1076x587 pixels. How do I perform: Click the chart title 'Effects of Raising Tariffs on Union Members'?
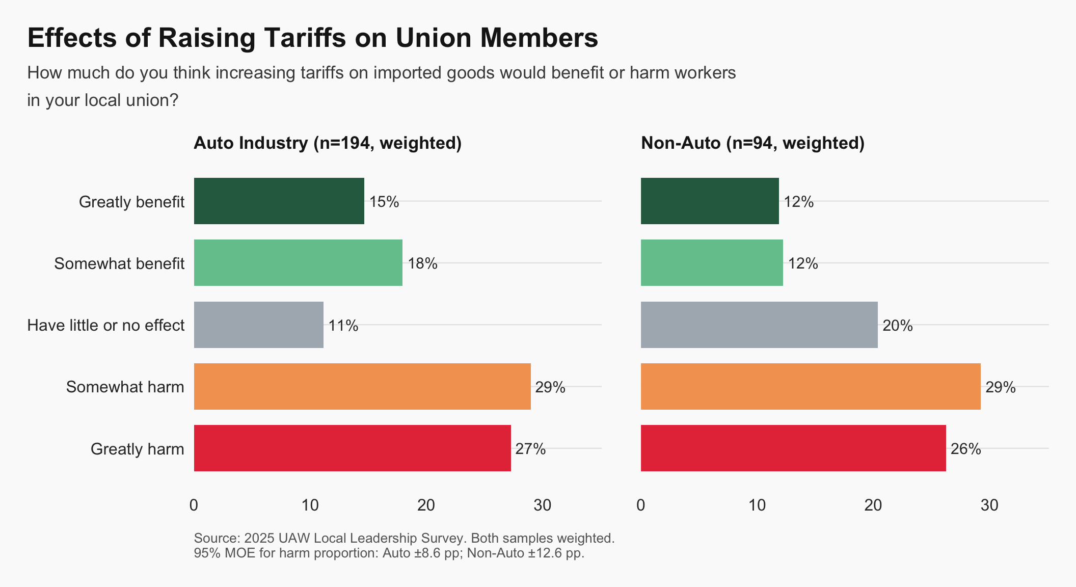312,38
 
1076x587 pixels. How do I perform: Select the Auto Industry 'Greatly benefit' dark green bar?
279,201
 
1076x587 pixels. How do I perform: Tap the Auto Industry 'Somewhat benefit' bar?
298,262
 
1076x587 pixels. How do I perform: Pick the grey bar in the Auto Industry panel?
258,325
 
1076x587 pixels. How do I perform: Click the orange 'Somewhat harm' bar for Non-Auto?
810,386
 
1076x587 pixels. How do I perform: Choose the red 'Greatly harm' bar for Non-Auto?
793,448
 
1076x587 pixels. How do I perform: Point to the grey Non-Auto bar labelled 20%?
759,325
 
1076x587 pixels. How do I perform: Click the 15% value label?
384,202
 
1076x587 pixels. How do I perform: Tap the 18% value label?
422,263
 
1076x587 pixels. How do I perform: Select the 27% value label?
530,449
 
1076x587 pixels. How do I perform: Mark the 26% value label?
965,449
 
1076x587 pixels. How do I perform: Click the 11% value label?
343,326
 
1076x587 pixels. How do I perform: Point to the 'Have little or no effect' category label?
105,325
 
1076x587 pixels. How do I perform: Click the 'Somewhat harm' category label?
125,387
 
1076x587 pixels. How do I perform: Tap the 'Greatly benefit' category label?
131,202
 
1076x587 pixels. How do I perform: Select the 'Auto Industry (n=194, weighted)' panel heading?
328,143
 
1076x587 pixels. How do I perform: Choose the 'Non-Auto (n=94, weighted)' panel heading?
752,143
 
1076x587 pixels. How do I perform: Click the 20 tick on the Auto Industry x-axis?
426,505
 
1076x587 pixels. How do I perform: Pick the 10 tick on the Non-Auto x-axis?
757,505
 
